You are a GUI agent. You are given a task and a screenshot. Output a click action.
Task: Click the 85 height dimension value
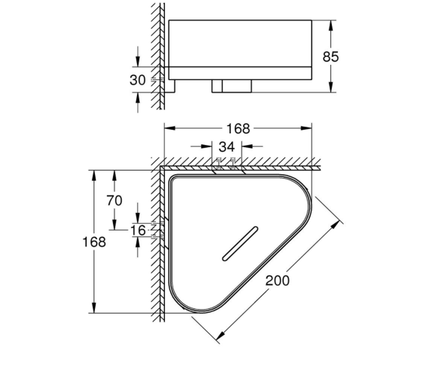(x=330, y=57)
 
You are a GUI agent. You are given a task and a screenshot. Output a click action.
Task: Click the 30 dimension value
(x=138, y=80)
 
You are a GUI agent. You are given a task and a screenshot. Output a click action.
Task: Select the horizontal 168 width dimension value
(x=238, y=129)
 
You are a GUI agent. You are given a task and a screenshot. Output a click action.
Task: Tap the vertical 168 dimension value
(x=94, y=242)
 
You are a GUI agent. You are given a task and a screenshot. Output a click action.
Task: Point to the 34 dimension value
(x=227, y=147)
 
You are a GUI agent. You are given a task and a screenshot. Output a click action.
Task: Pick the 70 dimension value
(x=114, y=201)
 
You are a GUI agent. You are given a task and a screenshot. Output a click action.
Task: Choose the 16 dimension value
(x=138, y=230)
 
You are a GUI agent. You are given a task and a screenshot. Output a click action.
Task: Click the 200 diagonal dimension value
(x=278, y=280)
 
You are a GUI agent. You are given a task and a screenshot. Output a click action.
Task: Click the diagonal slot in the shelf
(x=240, y=244)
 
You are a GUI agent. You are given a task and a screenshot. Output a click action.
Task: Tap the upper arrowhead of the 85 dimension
(x=331, y=26)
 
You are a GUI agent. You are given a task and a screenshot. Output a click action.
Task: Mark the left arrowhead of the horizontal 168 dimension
(x=170, y=128)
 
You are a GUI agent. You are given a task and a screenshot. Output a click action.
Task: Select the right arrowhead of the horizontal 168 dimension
(x=306, y=128)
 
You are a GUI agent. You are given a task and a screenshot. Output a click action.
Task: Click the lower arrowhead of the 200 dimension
(x=220, y=336)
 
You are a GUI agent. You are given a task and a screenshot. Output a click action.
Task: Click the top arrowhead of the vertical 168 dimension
(x=94, y=176)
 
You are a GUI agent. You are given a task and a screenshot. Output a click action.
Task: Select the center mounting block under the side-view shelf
(x=232, y=86)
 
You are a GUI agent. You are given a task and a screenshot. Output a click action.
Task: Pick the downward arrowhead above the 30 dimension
(x=138, y=62)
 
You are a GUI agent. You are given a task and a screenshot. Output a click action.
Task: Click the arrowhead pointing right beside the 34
(x=206, y=147)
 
